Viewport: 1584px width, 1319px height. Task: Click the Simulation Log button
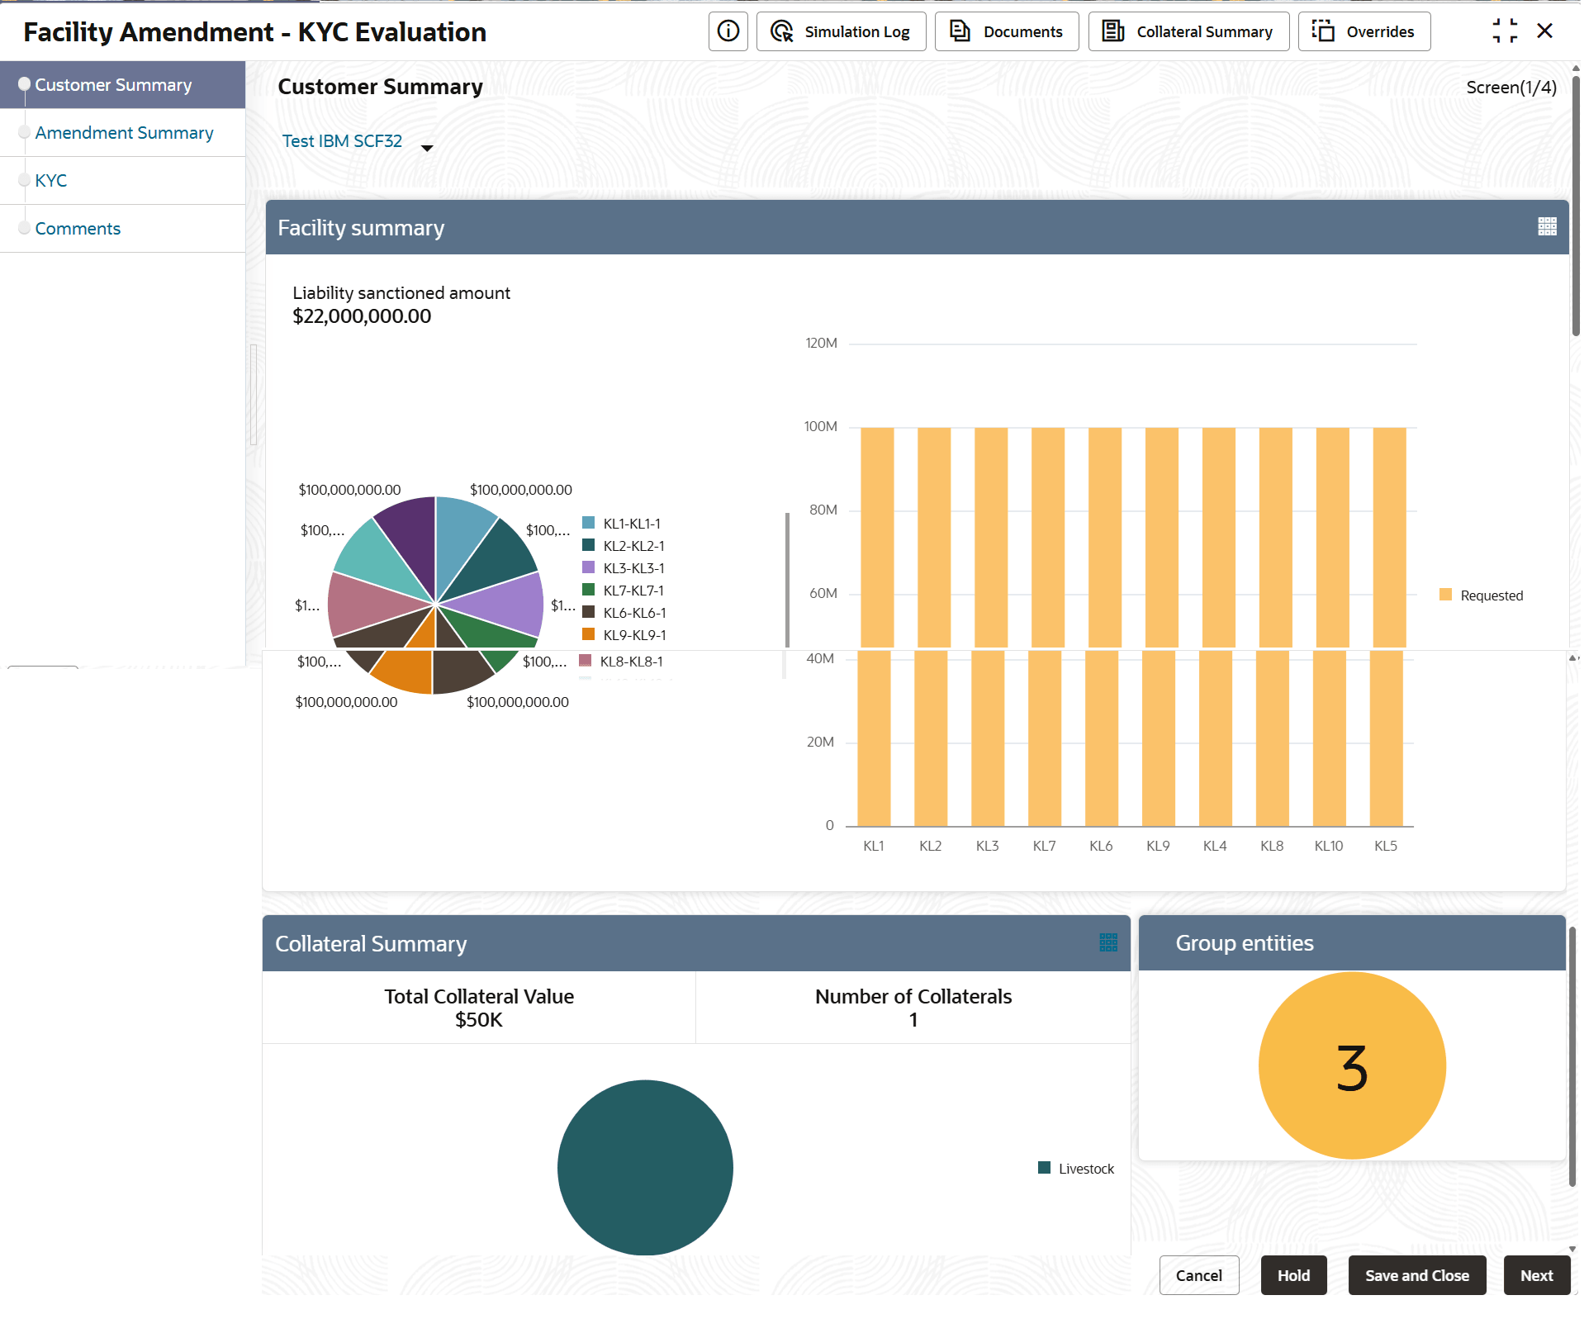tap(841, 31)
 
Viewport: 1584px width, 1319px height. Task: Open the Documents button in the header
tap(1006, 31)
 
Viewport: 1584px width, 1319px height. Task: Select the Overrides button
tap(1363, 31)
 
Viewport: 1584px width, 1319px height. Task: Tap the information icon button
tap(728, 31)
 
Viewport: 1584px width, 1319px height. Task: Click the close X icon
tap(1544, 31)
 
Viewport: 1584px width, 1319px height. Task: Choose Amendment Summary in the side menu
tap(124, 133)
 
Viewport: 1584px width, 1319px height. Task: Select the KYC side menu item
tap(51, 181)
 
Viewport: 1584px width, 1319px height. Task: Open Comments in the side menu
tap(78, 229)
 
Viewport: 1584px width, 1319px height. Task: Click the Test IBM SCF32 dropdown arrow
tap(427, 148)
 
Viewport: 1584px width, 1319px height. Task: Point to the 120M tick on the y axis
tap(821, 344)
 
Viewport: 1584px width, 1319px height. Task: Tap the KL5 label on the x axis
tap(1385, 846)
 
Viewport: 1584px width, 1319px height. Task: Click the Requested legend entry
tap(1482, 595)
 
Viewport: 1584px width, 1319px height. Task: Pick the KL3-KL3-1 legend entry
tap(633, 568)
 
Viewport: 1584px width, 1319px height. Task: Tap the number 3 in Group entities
tap(1352, 1067)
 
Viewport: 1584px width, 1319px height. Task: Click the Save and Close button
tap(1416, 1275)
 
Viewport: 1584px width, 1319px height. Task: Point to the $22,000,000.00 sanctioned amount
tap(362, 316)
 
